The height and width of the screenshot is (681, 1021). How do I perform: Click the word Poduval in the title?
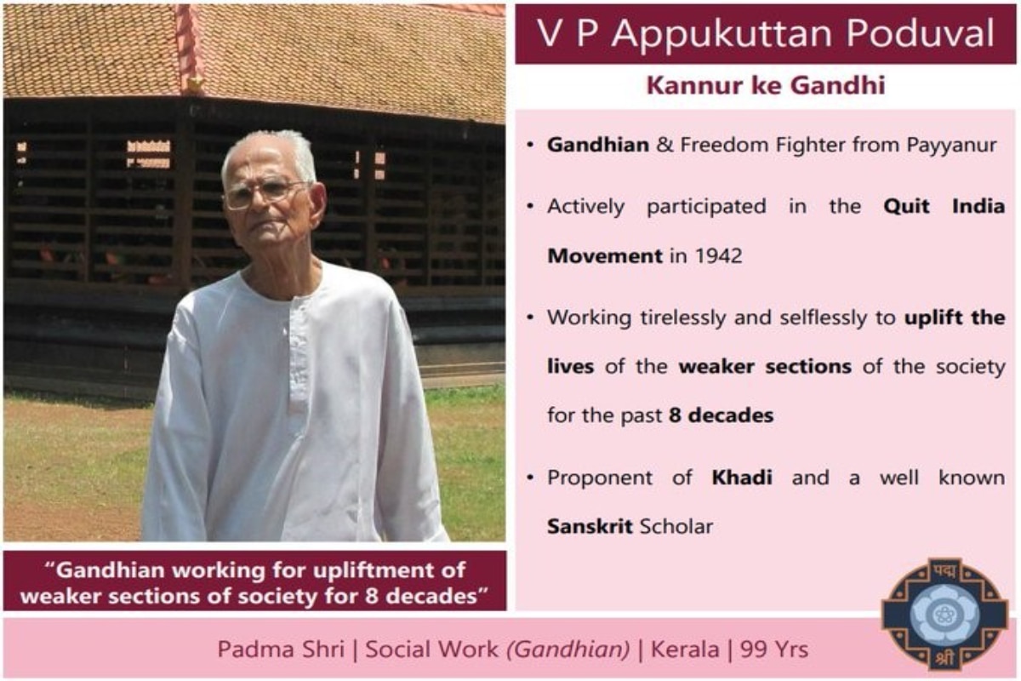(921, 33)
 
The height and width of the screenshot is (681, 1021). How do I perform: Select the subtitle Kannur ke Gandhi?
(766, 85)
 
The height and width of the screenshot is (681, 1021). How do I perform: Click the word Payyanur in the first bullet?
(951, 146)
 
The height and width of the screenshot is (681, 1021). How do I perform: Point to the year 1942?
(719, 255)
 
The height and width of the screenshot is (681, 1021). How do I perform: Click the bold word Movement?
(605, 255)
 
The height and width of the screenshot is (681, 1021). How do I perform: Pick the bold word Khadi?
(742, 478)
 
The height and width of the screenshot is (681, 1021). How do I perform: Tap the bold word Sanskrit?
(590, 526)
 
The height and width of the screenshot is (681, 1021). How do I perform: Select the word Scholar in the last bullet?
(676, 526)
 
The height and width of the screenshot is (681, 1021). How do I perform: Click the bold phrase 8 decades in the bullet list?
(722, 415)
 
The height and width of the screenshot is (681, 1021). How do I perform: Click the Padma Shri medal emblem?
(945, 614)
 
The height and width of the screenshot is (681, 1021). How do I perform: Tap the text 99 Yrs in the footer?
(774, 649)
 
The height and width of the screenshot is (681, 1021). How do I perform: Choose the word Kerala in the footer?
(685, 649)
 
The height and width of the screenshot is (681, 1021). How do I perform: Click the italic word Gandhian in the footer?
(568, 650)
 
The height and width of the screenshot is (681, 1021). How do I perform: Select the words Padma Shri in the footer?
(281, 649)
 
